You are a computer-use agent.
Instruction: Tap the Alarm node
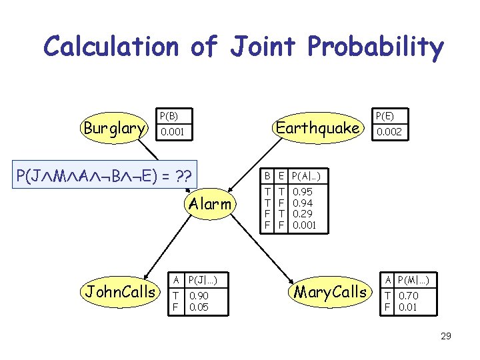[x=210, y=204]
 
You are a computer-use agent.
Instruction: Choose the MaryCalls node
[x=331, y=291]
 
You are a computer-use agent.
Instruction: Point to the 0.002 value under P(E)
[x=389, y=133]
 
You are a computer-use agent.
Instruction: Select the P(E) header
[x=385, y=115]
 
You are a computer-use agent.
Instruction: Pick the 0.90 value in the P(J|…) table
[x=199, y=295]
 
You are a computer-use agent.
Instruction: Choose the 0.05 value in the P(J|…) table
[x=199, y=307]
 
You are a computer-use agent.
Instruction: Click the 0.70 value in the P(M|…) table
[x=409, y=295]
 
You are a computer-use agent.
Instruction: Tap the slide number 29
[x=446, y=336]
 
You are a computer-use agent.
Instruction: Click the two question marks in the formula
[x=182, y=177]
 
